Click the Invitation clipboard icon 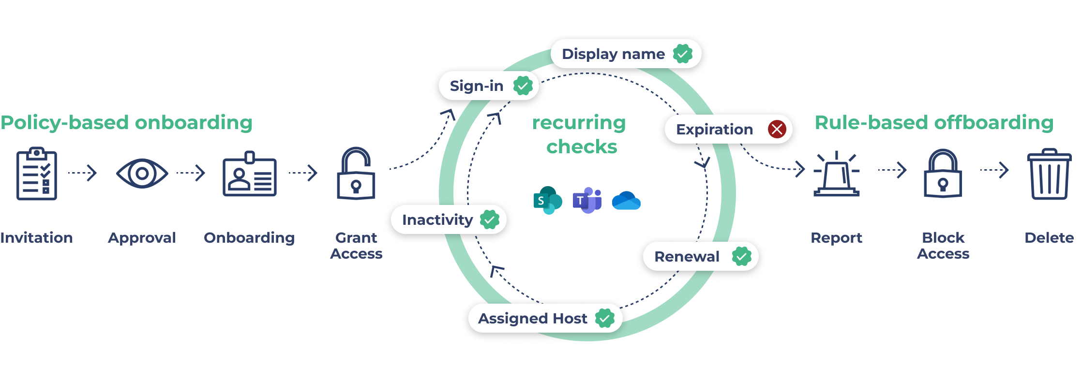(x=37, y=174)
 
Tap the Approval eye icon (x=142, y=173)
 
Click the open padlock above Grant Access (x=356, y=174)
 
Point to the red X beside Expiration (x=777, y=129)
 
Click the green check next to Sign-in (x=523, y=86)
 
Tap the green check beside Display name (x=682, y=54)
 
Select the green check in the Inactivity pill (x=489, y=219)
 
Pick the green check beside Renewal (x=741, y=256)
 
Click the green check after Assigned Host (x=604, y=318)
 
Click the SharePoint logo (x=547, y=200)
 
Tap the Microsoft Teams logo (x=587, y=200)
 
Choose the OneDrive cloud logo (x=626, y=201)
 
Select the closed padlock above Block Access (x=943, y=174)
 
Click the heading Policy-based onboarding (x=126, y=122)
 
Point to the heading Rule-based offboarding (x=934, y=122)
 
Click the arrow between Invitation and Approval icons (x=82, y=173)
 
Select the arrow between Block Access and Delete (x=994, y=170)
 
